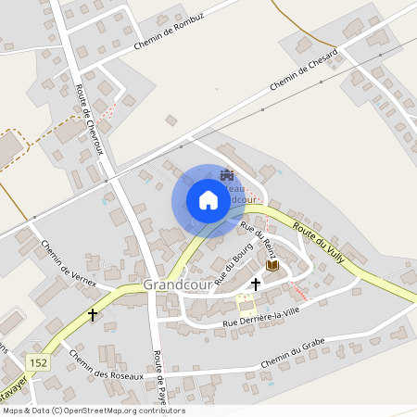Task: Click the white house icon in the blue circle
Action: click(x=208, y=200)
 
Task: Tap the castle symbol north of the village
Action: click(x=228, y=175)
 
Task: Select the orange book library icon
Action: click(x=272, y=266)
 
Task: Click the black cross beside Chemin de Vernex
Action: click(x=93, y=314)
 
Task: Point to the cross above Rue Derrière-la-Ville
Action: click(x=256, y=284)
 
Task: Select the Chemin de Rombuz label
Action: click(x=170, y=34)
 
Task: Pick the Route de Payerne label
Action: click(x=159, y=378)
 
